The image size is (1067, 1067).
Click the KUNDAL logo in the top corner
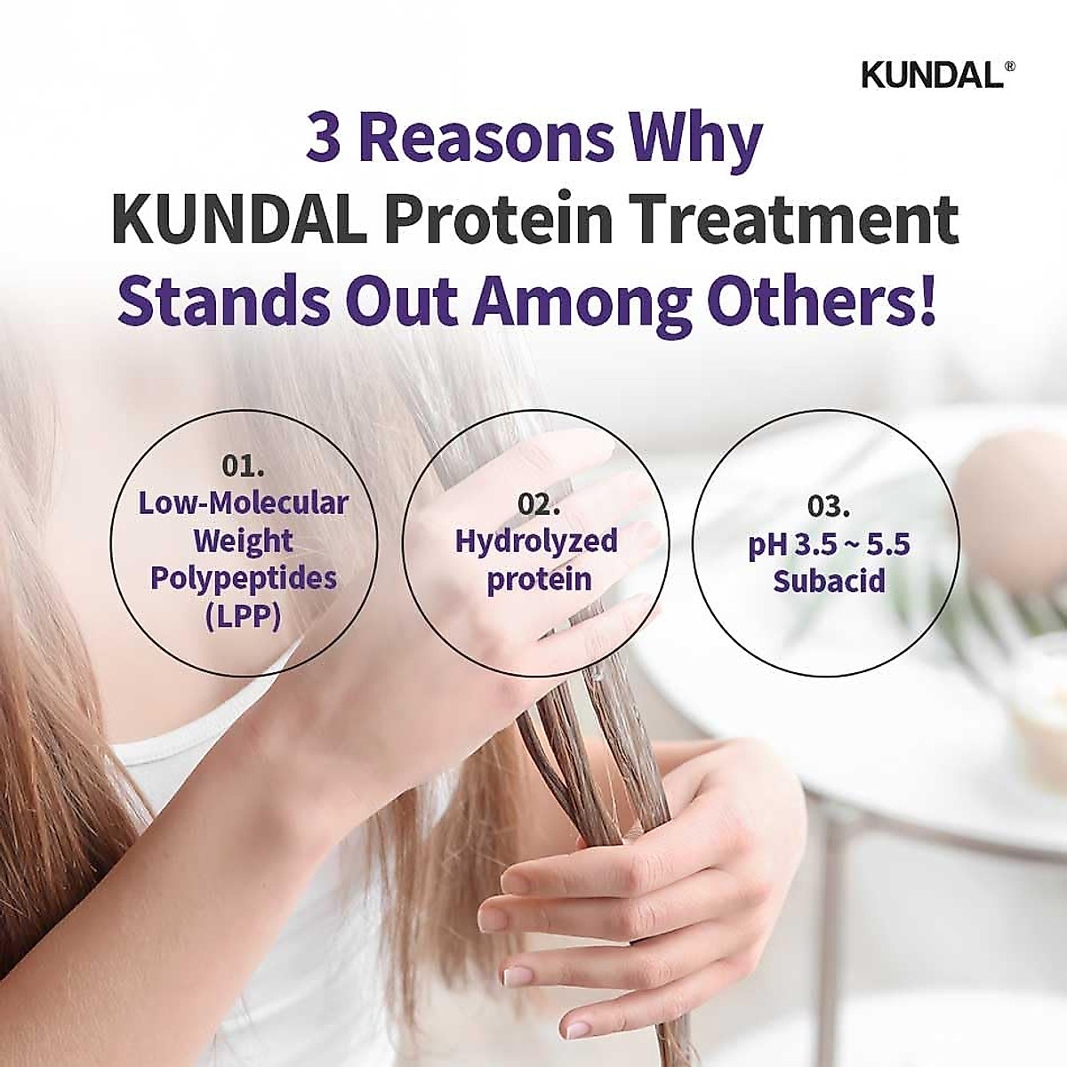(931, 76)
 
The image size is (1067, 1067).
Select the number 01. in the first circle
(243, 467)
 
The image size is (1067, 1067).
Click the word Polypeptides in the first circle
(243, 578)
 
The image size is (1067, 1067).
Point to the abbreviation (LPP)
(243, 615)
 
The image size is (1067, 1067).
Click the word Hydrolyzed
(536, 542)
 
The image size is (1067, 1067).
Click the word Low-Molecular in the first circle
(243, 503)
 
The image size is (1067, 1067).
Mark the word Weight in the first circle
(243, 541)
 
